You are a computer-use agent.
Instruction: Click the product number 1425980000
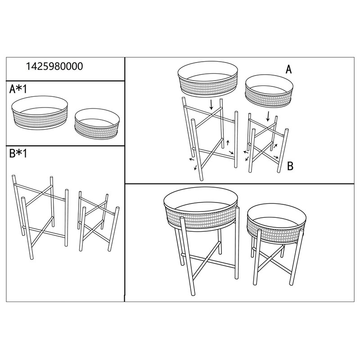tap(55, 67)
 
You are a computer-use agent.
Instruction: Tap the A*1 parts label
tap(18, 89)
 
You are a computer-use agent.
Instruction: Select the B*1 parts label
tap(18, 154)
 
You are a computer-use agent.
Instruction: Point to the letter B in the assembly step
tap(290, 166)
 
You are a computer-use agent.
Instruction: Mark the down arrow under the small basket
tap(268, 116)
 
